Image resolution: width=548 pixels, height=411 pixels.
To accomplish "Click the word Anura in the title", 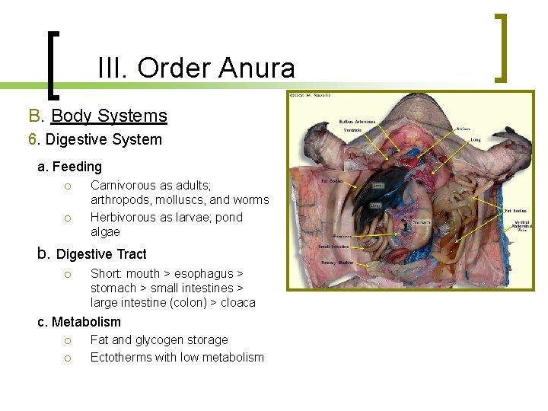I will click(256, 68).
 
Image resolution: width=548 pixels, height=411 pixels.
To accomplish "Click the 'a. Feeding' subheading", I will click(69, 166).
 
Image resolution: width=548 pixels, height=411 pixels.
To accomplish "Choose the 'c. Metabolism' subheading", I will click(79, 322).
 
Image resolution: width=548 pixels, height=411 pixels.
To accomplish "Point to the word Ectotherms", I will click(122, 357).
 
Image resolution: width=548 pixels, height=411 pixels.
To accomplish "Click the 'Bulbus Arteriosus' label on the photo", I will click(357, 122).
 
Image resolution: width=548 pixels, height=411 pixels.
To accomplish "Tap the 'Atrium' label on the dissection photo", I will click(462, 129).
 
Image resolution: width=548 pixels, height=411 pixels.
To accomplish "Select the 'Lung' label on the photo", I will click(475, 140).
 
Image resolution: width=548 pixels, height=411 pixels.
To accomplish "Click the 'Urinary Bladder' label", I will click(336, 263).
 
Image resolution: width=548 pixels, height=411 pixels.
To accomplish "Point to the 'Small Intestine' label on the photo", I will click(334, 246).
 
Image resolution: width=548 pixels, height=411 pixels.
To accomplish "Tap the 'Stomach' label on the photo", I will click(421, 222).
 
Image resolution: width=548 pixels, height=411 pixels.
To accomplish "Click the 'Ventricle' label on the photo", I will click(352, 130).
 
